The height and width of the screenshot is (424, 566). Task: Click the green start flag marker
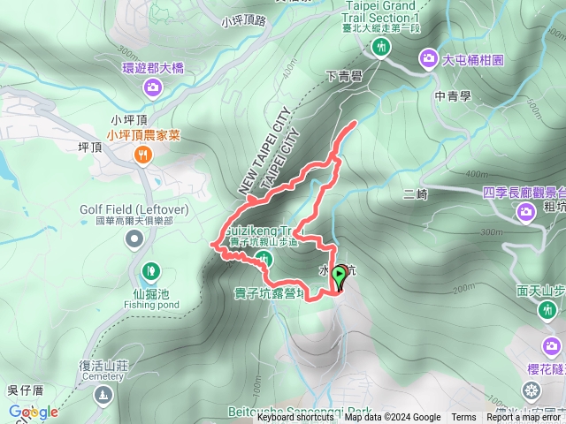339,277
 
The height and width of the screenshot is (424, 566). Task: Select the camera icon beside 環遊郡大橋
152,87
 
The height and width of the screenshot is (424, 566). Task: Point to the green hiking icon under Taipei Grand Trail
381,48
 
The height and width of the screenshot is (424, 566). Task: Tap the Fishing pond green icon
150,269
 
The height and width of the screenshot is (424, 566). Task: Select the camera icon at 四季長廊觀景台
526,211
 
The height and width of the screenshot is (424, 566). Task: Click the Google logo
33,412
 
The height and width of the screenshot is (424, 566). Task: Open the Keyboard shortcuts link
295,418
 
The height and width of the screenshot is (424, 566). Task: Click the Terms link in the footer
463,418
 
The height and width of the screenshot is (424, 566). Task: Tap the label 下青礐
345,77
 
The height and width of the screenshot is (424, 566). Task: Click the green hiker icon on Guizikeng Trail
263,257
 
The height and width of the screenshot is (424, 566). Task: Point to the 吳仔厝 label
25,390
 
